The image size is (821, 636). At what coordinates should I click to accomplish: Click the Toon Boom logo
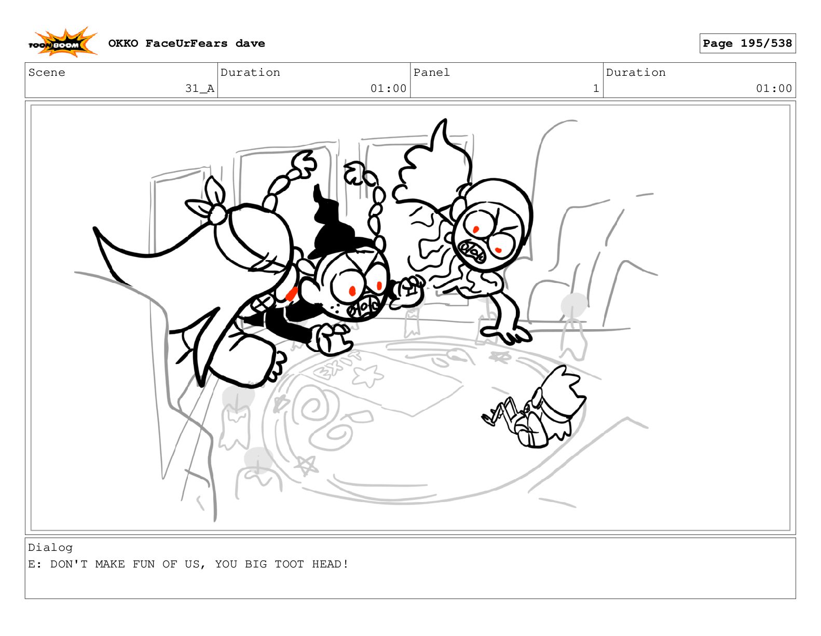[63, 43]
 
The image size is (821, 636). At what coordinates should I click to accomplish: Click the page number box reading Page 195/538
[747, 44]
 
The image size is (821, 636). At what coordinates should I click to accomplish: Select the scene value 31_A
[199, 88]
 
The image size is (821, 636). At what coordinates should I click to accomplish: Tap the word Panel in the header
[431, 73]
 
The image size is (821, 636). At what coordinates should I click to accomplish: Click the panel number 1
[596, 88]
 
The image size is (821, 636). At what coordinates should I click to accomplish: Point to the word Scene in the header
[47, 73]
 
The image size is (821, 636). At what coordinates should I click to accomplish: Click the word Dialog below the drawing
[50, 548]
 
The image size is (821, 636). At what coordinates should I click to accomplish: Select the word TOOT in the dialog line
[289, 564]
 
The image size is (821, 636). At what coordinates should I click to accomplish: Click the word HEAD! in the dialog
[330, 564]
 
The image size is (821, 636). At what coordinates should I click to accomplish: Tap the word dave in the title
[250, 44]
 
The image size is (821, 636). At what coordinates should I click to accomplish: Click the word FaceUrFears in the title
[187, 44]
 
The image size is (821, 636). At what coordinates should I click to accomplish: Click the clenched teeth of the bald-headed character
[472, 251]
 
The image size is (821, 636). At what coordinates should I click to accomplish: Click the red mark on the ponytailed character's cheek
[291, 294]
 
